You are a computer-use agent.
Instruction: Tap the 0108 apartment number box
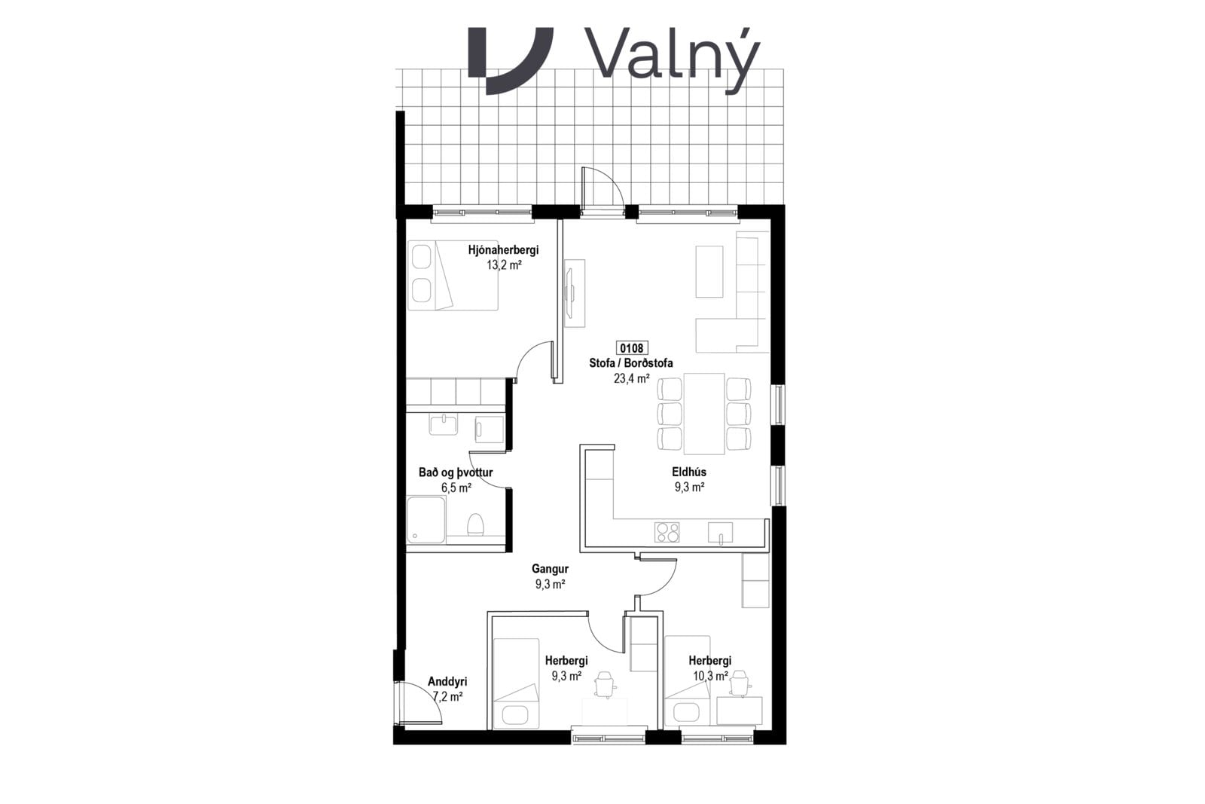pos(632,347)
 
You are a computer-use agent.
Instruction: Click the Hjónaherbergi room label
pos(503,249)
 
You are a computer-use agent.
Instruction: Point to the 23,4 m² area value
pos(632,378)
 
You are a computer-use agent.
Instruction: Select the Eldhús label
pos(688,472)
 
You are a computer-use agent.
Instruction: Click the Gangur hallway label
pos(550,568)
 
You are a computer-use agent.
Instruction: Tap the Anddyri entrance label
pos(447,682)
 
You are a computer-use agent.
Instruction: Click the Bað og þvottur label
pos(456,472)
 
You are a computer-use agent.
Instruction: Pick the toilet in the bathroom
pos(475,524)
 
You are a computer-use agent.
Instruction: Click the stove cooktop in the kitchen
pos(667,532)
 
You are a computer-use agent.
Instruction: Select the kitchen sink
pos(720,532)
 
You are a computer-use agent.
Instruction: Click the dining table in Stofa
pos(704,413)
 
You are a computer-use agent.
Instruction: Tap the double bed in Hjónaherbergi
pos(453,275)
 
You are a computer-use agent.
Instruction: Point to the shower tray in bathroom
pos(426,520)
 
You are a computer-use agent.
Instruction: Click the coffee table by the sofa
pos(709,271)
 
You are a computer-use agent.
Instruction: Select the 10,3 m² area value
pos(711,676)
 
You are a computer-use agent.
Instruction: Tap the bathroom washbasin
pos(444,423)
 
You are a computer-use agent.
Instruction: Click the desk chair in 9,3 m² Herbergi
pos(606,684)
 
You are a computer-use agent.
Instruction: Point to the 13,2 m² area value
pos(504,264)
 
